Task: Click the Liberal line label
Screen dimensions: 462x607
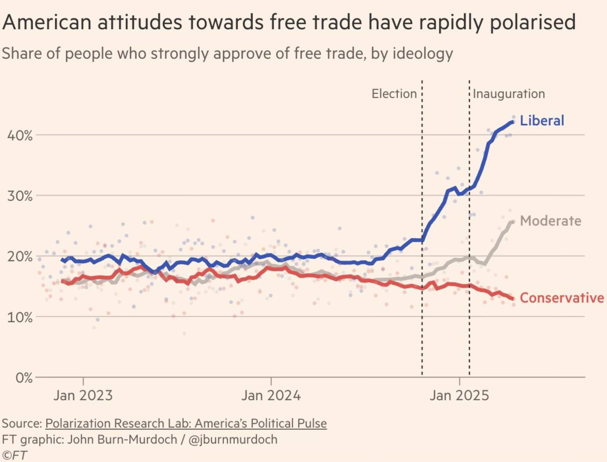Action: [542, 121]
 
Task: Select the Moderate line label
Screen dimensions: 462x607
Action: [550, 221]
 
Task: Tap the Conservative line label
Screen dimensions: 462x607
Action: [562, 298]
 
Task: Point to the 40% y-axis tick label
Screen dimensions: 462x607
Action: [20, 136]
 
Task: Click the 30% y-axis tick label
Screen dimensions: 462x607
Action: [20, 196]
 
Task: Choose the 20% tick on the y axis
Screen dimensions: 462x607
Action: [20, 257]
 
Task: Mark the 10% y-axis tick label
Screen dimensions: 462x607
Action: [20, 317]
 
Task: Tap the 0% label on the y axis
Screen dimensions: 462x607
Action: [24, 378]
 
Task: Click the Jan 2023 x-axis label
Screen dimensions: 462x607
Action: [83, 395]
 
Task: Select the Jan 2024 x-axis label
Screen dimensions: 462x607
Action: [271, 395]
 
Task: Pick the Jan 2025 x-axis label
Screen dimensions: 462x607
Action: [459, 395]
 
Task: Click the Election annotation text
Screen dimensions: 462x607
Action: [394, 94]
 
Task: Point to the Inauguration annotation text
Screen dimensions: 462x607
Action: [509, 94]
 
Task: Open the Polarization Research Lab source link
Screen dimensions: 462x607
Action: [186, 423]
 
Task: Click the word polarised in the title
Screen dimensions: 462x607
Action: [533, 22]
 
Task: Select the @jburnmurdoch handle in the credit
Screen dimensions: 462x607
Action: [233, 439]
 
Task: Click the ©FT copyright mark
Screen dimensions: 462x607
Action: [15, 455]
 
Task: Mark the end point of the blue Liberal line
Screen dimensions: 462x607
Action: [513, 122]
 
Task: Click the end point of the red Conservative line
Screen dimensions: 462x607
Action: [513, 299]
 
